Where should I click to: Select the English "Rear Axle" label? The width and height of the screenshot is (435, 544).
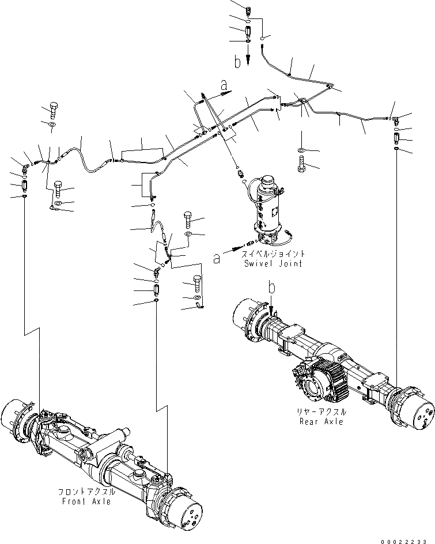pyautogui.click(x=321, y=421)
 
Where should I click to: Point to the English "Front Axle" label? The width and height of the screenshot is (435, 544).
pyautogui.click(x=87, y=501)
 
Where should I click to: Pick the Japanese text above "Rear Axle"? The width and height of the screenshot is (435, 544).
pyautogui.click(x=321, y=413)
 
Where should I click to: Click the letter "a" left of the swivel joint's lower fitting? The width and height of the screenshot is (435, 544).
pyautogui.click(x=217, y=259)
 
